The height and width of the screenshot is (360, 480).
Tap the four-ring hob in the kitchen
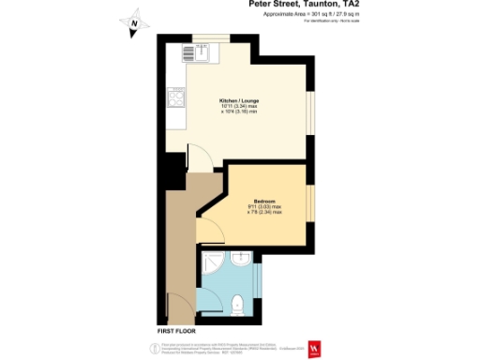(x=174, y=96)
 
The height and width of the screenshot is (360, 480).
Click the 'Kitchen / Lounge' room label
(x=238, y=100)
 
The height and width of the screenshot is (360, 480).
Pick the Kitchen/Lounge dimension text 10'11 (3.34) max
(x=238, y=107)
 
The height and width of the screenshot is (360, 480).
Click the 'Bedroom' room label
(x=265, y=201)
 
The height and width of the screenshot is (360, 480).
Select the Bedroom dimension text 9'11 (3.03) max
(x=265, y=207)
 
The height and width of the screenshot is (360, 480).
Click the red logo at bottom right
(x=316, y=347)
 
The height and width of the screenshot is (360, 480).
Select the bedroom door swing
(x=209, y=225)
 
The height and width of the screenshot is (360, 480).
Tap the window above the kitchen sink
(x=209, y=37)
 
